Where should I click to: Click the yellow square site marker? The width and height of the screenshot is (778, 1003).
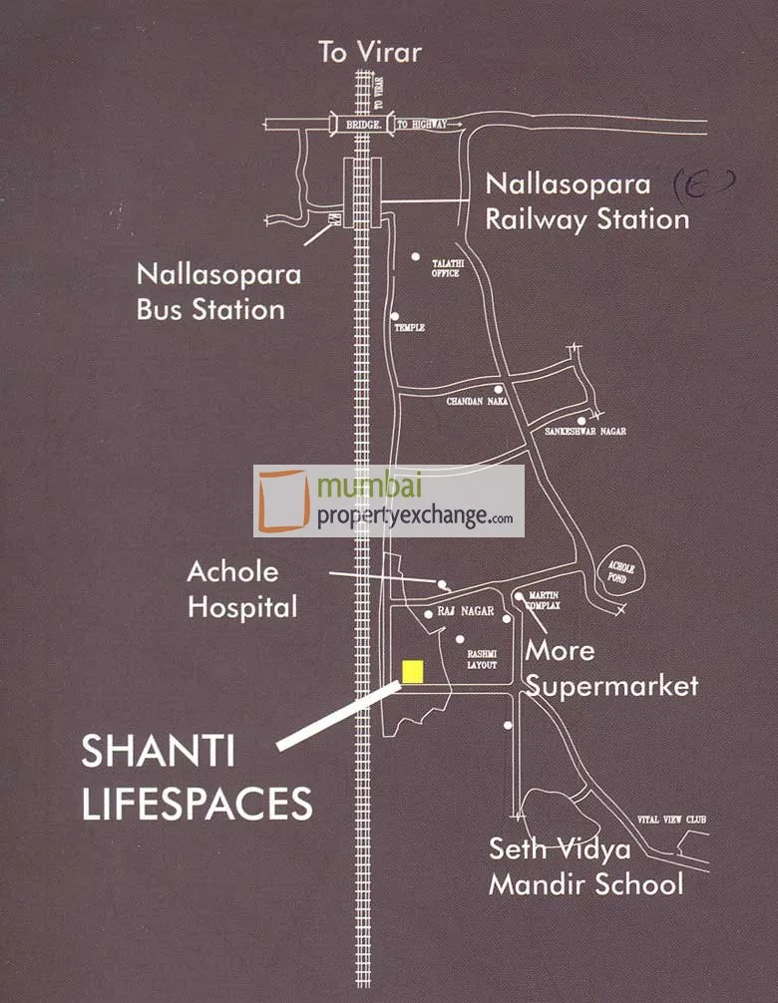click(x=413, y=671)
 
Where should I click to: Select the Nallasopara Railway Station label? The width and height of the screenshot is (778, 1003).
click(x=586, y=201)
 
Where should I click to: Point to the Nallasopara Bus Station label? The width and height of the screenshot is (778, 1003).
click(x=210, y=290)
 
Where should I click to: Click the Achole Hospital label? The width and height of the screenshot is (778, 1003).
click(x=242, y=589)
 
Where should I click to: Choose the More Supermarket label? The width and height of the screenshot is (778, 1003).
click(x=611, y=668)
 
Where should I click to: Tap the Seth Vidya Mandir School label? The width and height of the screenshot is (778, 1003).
click(x=585, y=866)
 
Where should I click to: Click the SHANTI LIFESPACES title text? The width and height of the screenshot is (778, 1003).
click(x=196, y=779)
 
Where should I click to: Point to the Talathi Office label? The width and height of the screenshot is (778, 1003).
click(x=445, y=267)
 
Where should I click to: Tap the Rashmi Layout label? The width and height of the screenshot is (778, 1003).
click(x=483, y=659)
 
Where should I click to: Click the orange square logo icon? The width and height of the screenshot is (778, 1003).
click(x=285, y=501)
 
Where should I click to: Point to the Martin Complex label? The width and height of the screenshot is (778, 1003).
click(x=545, y=601)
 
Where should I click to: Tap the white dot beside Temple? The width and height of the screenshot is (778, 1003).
click(x=396, y=316)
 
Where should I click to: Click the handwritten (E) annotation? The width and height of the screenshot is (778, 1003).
click(x=705, y=181)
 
